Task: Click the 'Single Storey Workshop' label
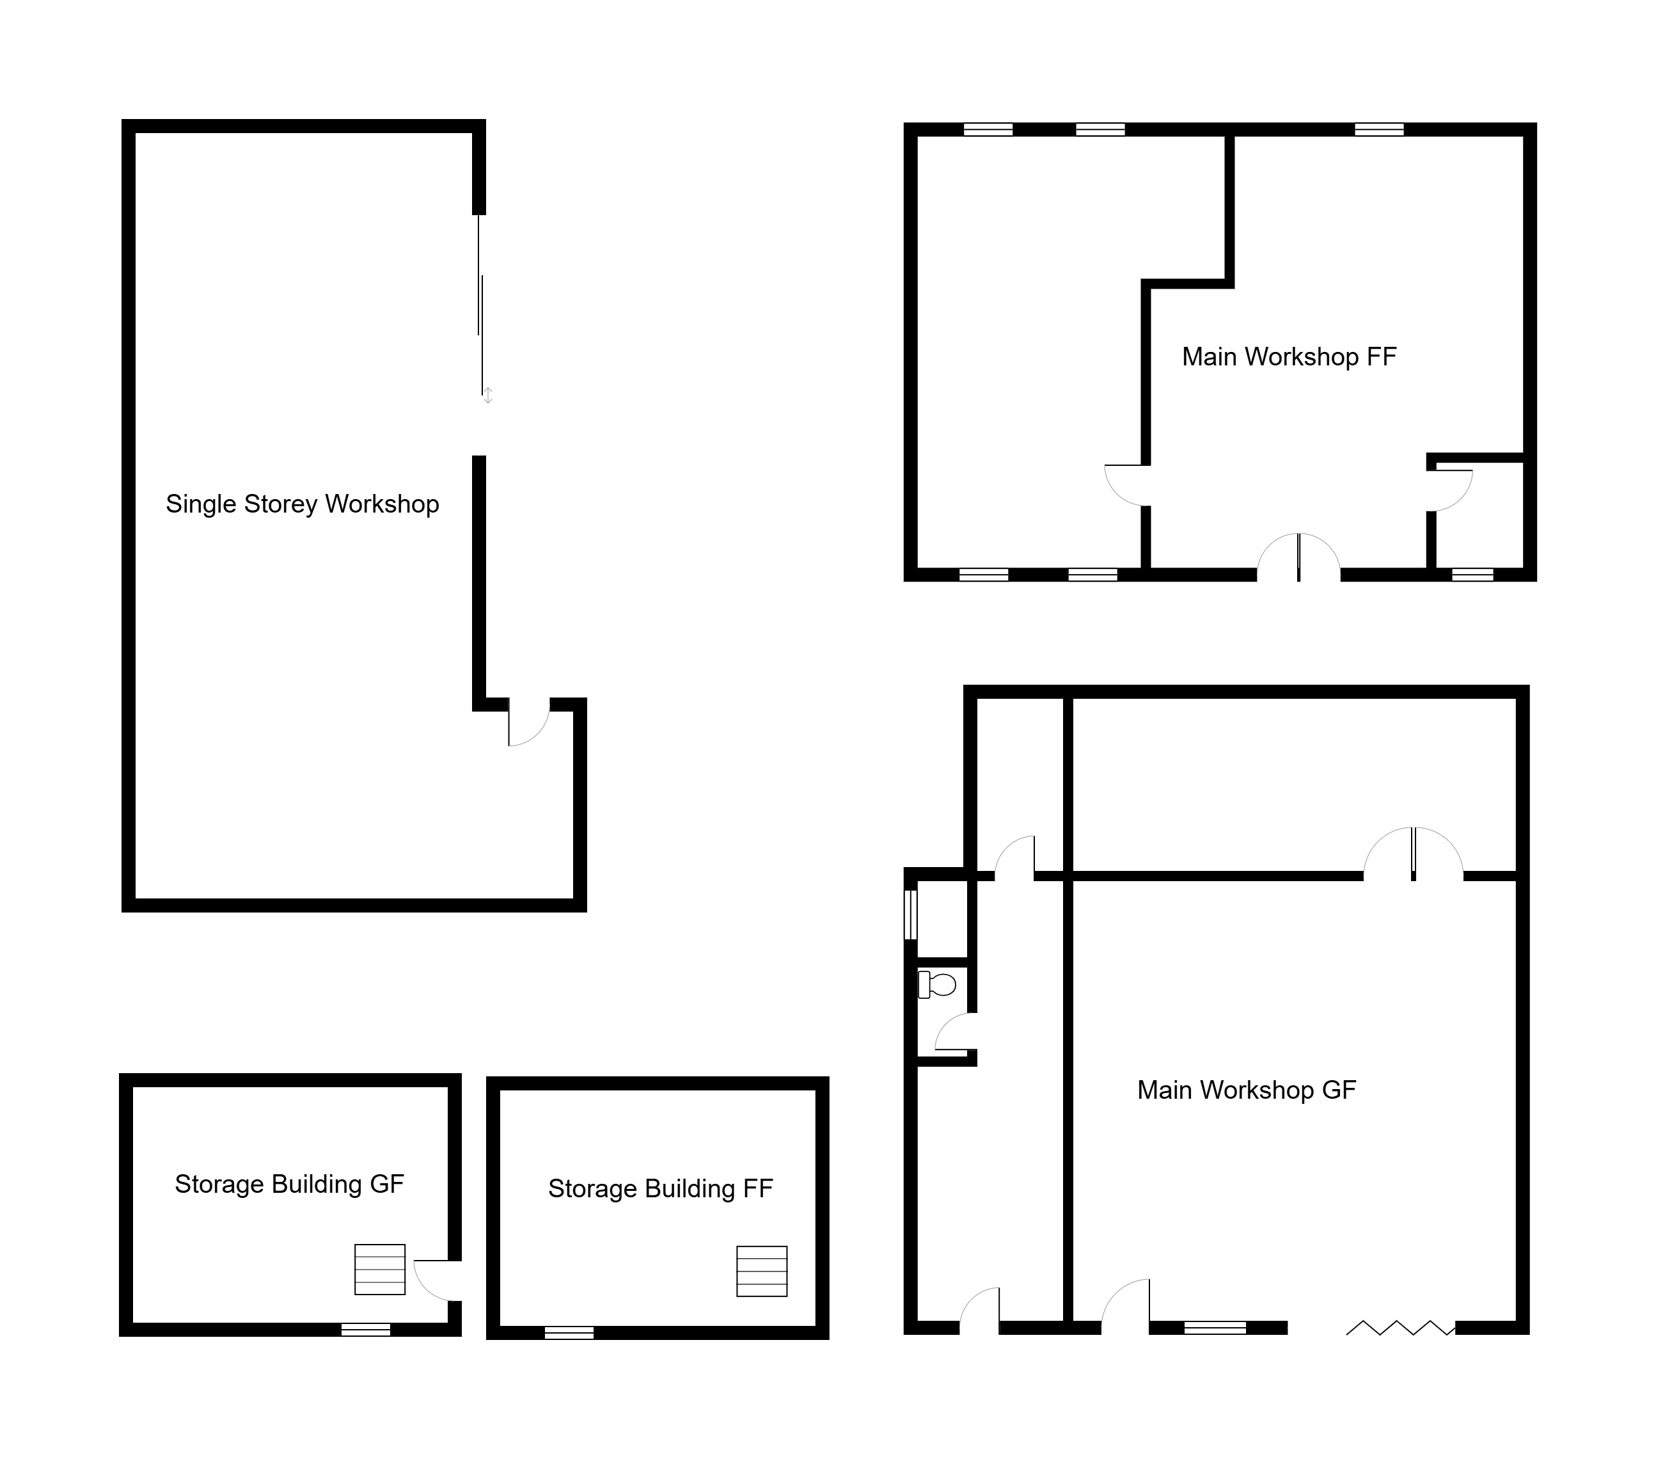302,504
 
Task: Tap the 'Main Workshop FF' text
1289,356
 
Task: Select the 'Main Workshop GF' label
1246,1090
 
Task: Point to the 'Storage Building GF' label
289,1184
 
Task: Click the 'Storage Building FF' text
660,1188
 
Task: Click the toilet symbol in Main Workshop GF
936,985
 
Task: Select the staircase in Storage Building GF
380,1270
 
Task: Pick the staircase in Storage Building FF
762,1271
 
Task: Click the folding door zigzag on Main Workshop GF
1400,1350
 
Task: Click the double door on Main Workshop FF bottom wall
1298,557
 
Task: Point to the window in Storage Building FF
569,1332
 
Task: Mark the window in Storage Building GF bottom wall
365,1329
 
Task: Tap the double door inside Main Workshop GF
1413,854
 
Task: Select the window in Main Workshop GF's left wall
911,914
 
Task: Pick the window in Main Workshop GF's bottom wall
1215,1350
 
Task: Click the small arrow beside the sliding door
488,395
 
